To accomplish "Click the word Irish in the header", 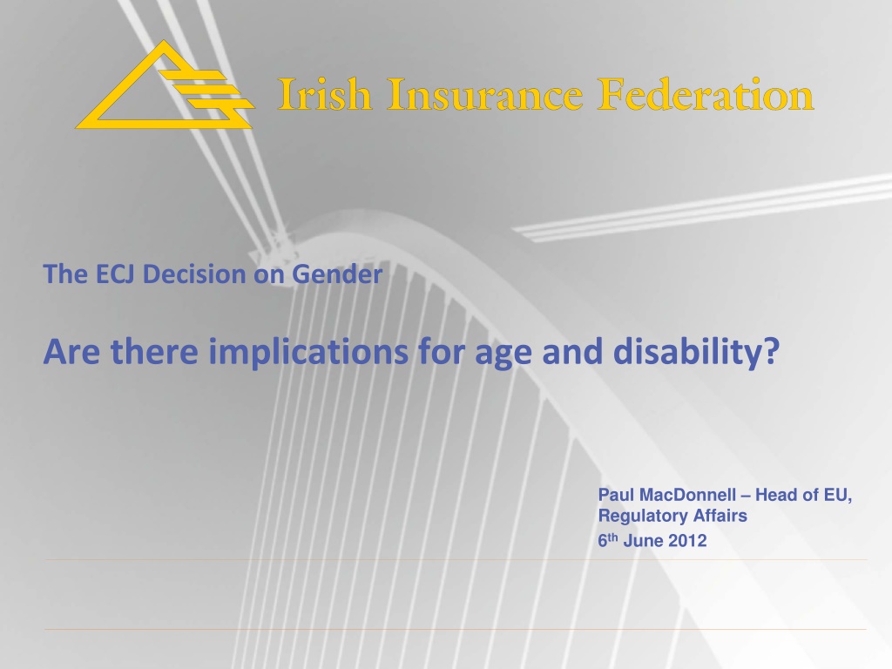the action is [x=324, y=94].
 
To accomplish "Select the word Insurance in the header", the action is [x=485, y=94].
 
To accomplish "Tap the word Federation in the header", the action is [x=706, y=94].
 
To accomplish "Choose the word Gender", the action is [x=337, y=274].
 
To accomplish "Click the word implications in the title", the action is [x=308, y=352].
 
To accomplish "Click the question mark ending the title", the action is [x=772, y=350].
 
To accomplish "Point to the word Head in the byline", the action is [x=774, y=495].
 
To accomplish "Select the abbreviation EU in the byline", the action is [x=837, y=495].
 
